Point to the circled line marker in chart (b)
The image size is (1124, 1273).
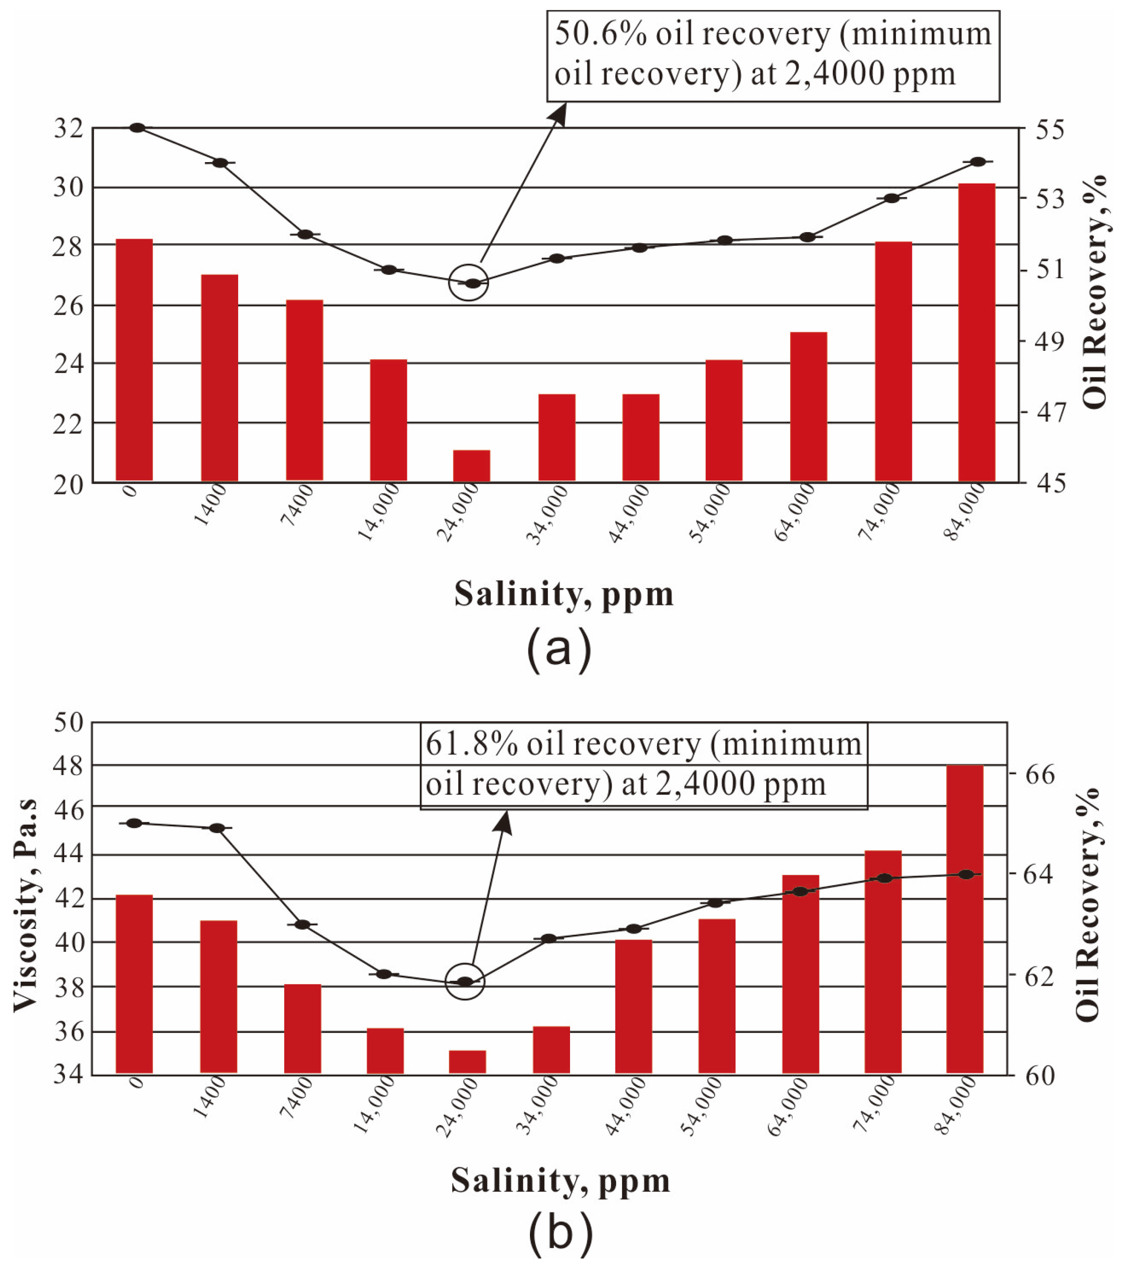[464, 982]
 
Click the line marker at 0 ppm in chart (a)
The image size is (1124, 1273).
[138, 128]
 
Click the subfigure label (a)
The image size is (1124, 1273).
[558, 650]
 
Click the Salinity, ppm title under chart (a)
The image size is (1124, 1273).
[564, 594]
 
